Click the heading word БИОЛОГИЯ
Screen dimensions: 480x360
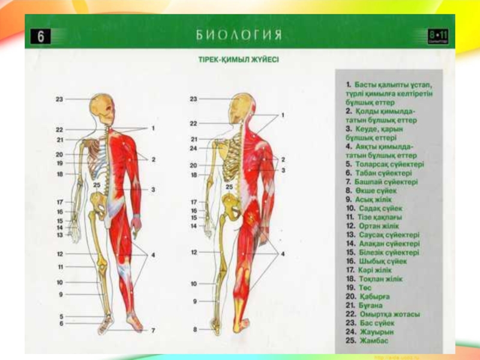[239, 35]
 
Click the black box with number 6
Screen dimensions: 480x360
[40, 37]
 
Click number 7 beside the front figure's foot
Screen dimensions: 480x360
[152, 330]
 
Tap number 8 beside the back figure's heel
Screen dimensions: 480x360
[194, 329]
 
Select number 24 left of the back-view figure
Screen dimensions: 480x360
[193, 148]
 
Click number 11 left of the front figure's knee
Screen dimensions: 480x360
[60, 266]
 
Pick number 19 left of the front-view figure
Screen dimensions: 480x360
[60, 163]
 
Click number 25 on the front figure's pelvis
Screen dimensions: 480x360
[97, 185]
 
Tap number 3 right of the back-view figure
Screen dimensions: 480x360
[283, 170]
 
